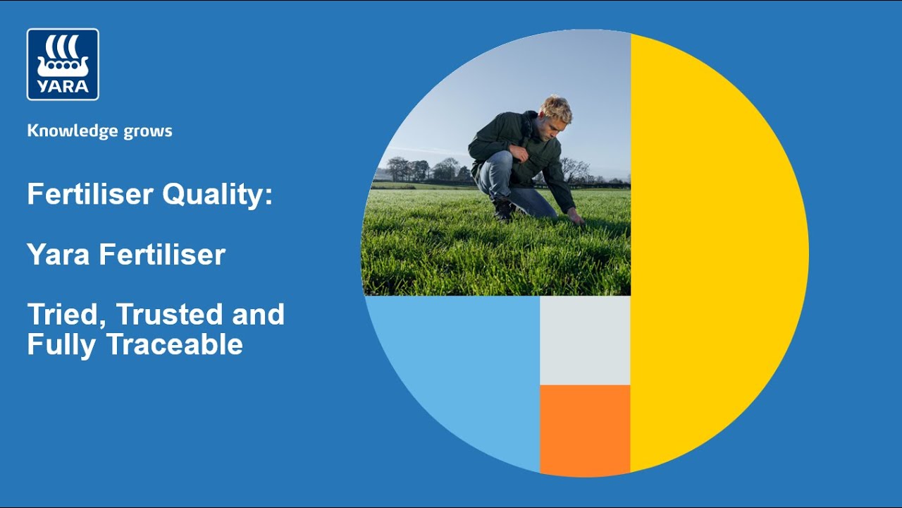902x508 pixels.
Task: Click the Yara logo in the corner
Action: click(63, 64)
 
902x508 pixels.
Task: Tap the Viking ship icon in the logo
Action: click(63, 56)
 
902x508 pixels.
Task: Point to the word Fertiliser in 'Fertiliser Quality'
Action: click(92, 194)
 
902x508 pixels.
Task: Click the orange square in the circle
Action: click(585, 429)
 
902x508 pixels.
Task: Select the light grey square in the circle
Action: click(585, 340)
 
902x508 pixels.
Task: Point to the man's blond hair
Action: click(556, 107)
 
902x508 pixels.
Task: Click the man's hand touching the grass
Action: click(576, 217)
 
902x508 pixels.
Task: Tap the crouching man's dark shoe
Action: click(503, 210)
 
